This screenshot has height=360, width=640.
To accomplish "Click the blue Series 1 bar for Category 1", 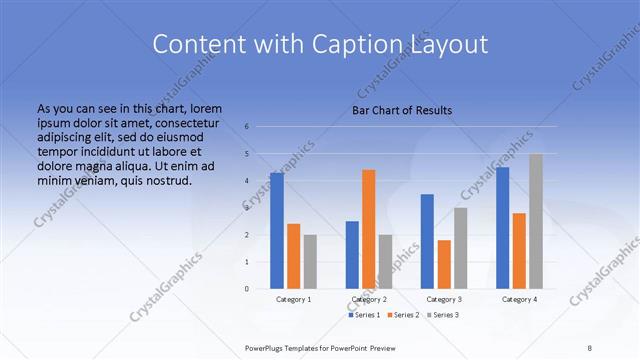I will click(277, 231).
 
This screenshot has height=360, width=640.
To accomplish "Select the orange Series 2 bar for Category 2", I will click(368, 229).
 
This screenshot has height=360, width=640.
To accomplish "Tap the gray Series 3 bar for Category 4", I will click(535, 221).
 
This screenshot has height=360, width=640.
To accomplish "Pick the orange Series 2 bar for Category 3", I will click(443, 264).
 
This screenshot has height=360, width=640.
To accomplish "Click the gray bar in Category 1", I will click(310, 262).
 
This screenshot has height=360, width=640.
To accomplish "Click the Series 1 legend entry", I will click(364, 315).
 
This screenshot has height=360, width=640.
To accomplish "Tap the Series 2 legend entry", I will click(402, 315).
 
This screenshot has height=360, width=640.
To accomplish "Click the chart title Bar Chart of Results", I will click(402, 110).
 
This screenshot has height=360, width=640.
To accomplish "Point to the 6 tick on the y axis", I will click(247, 127).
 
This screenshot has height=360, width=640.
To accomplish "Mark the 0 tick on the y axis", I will click(247, 289).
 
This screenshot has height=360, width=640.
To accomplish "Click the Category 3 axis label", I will click(443, 299).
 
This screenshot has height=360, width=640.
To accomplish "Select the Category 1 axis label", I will click(293, 299).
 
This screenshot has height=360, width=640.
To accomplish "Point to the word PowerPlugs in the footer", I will click(267, 348).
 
